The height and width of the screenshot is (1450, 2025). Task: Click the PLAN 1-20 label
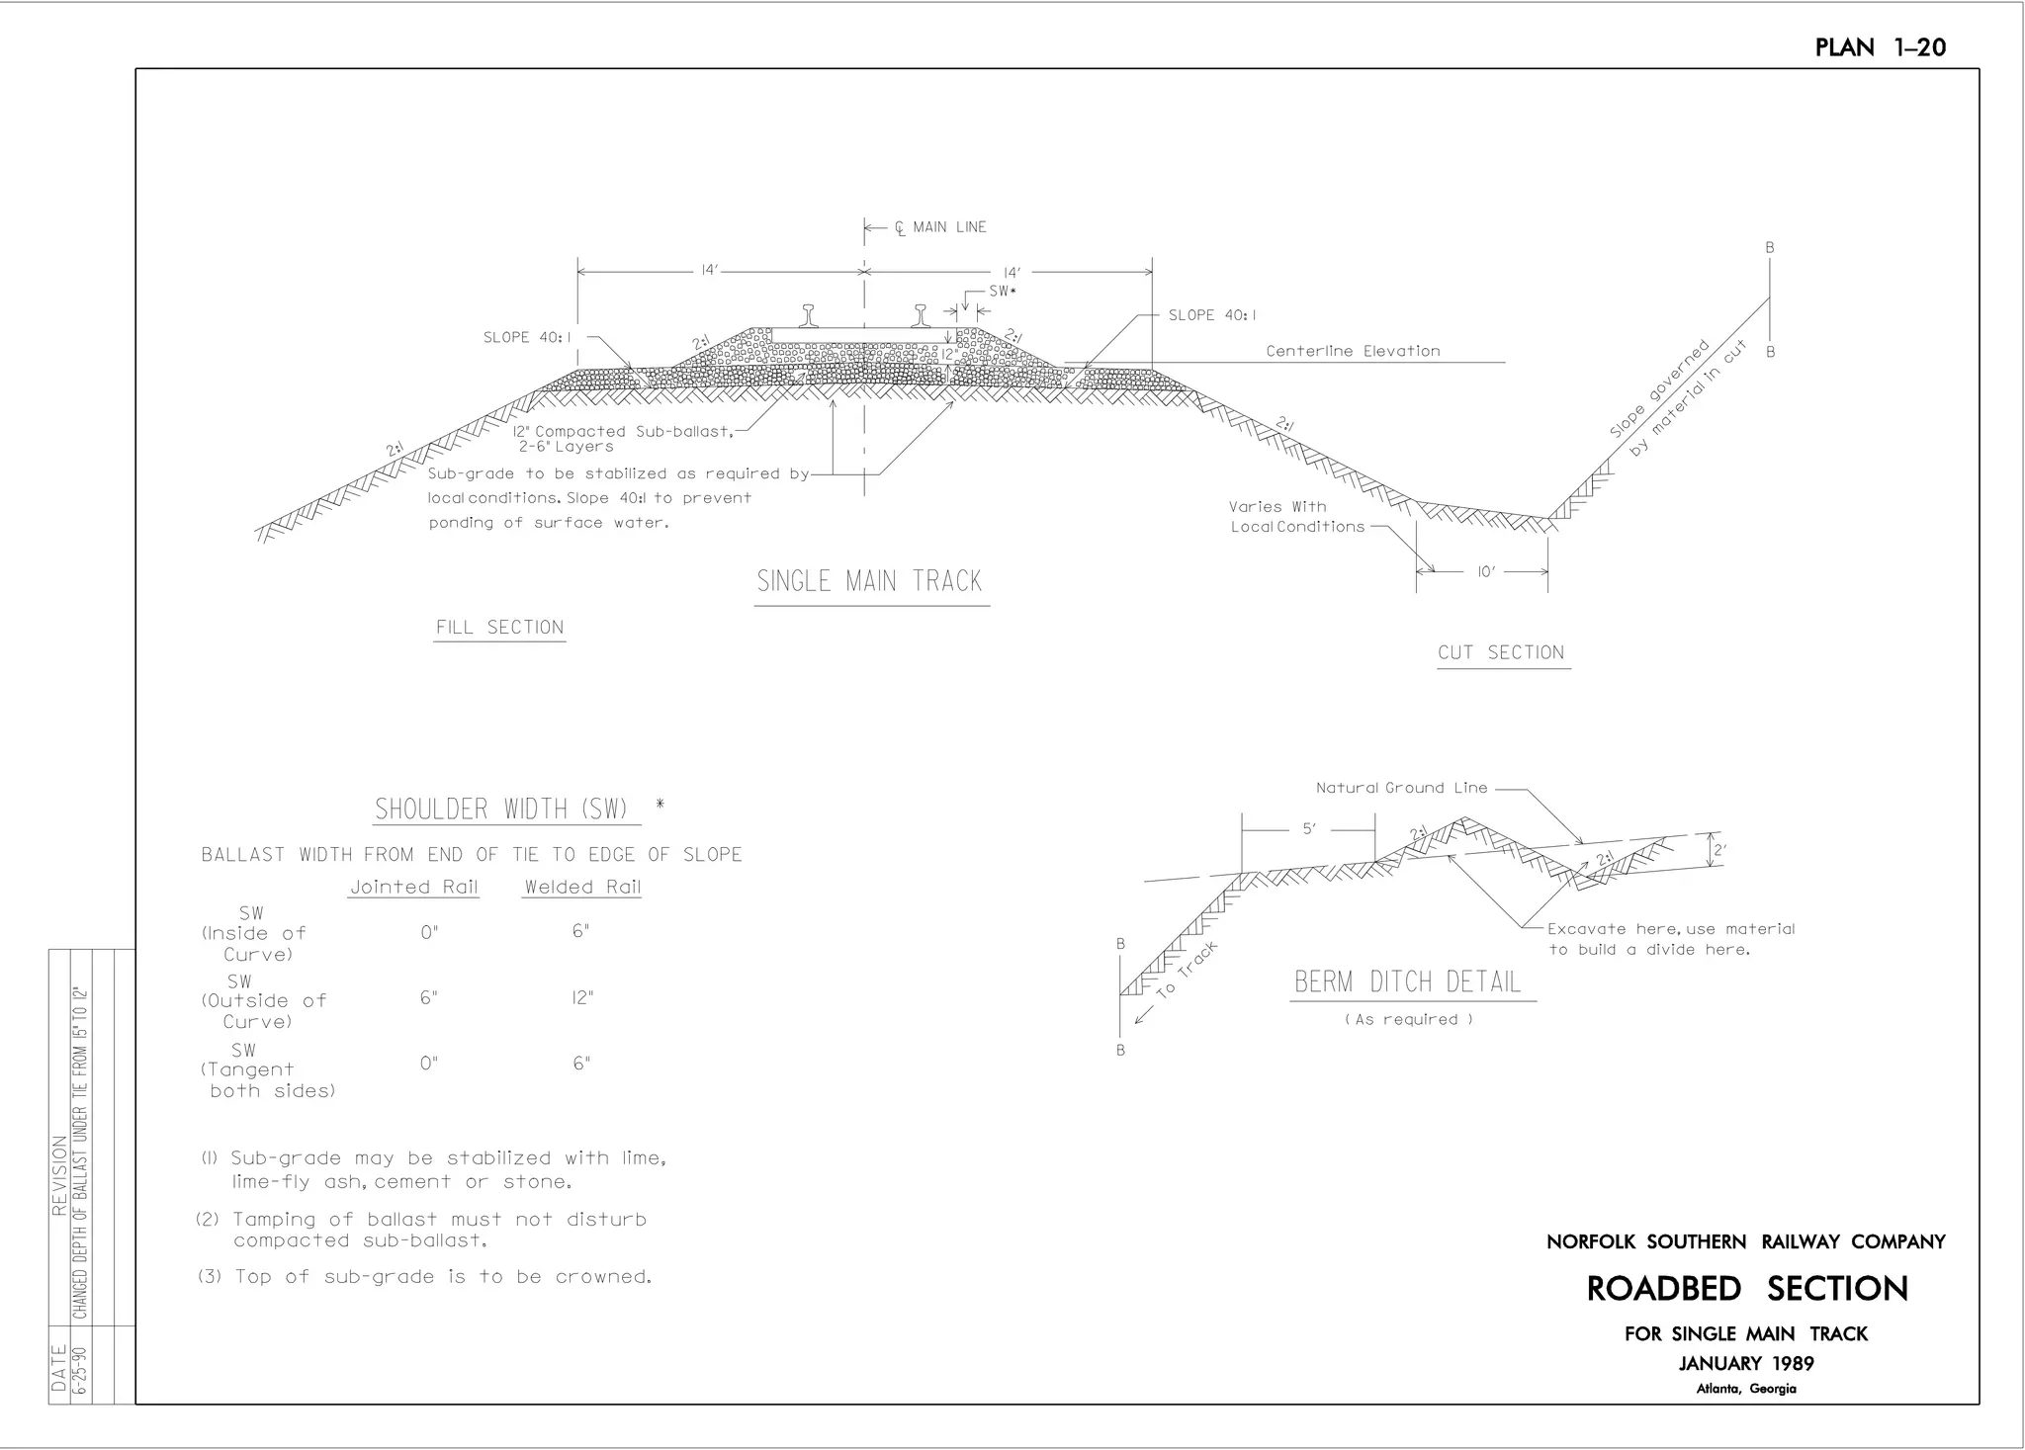point(1880,47)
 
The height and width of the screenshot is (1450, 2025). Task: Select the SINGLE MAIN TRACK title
point(870,580)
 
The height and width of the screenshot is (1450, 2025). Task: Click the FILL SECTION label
point(500,628)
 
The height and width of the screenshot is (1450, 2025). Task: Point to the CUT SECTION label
point(1502,652)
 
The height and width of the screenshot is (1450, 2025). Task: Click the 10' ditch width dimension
point(1484,571)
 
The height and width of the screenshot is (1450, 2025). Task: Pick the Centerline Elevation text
point(1354,351)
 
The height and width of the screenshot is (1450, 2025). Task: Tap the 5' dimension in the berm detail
point(1309,829)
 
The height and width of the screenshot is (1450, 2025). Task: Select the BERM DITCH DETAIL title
point(1408,981)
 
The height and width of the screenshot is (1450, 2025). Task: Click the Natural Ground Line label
point(1401,788)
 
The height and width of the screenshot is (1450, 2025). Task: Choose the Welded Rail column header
point(582,887)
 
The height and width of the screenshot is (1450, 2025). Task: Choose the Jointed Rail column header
point(414,887)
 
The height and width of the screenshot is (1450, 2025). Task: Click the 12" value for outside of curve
point(582,997)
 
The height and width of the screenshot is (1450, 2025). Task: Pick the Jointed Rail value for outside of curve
point(428,997)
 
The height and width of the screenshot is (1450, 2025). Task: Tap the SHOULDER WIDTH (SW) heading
point(502,810)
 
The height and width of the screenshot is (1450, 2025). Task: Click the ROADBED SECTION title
point(1747,1289)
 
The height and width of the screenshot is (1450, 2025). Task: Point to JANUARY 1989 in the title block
point(1746,1364)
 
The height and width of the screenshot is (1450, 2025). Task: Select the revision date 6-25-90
point(81,1370)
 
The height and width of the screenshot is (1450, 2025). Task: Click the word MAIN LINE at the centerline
point(949,227)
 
